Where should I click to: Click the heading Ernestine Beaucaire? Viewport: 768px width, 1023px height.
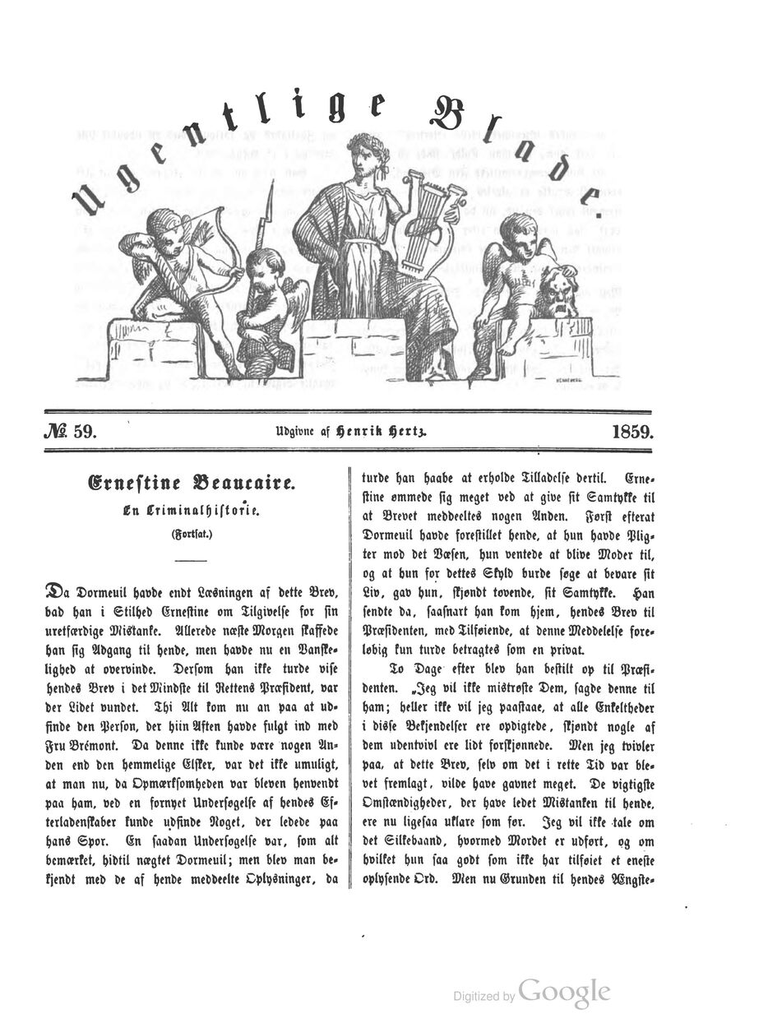tap(192, 483)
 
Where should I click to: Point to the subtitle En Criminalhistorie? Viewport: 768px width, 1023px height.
tap(192, 511)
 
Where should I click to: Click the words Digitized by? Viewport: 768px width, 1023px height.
tap(484, 996)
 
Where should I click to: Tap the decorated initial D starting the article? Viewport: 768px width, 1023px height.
tap(57, 591)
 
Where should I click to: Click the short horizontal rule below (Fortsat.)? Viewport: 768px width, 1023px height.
tap(192, 559)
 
